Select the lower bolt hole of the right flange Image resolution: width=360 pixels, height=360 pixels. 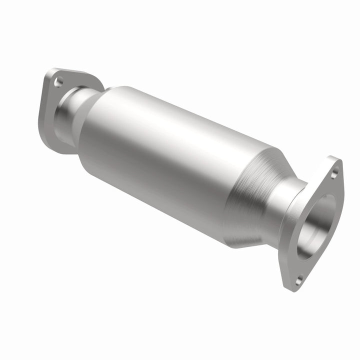tap(298, 281)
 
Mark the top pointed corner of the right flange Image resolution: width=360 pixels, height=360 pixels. tap(337, 160)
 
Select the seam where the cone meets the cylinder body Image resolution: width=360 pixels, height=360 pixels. tap(235, 195)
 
